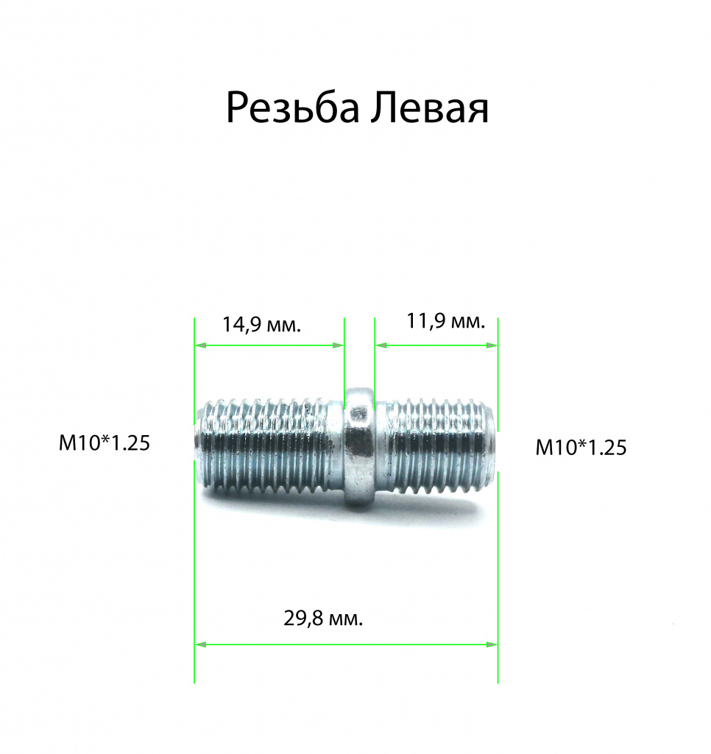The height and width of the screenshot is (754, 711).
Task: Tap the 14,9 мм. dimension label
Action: (261, 325)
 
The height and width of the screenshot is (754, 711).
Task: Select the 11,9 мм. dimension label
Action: (445, 321)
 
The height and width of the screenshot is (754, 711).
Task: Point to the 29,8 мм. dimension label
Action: (323, 619)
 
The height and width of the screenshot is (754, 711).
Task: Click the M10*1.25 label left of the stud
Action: (105, 443)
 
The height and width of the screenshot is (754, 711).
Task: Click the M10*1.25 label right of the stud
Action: (581, 448)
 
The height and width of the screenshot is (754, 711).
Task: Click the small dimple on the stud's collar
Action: (358, 414)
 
